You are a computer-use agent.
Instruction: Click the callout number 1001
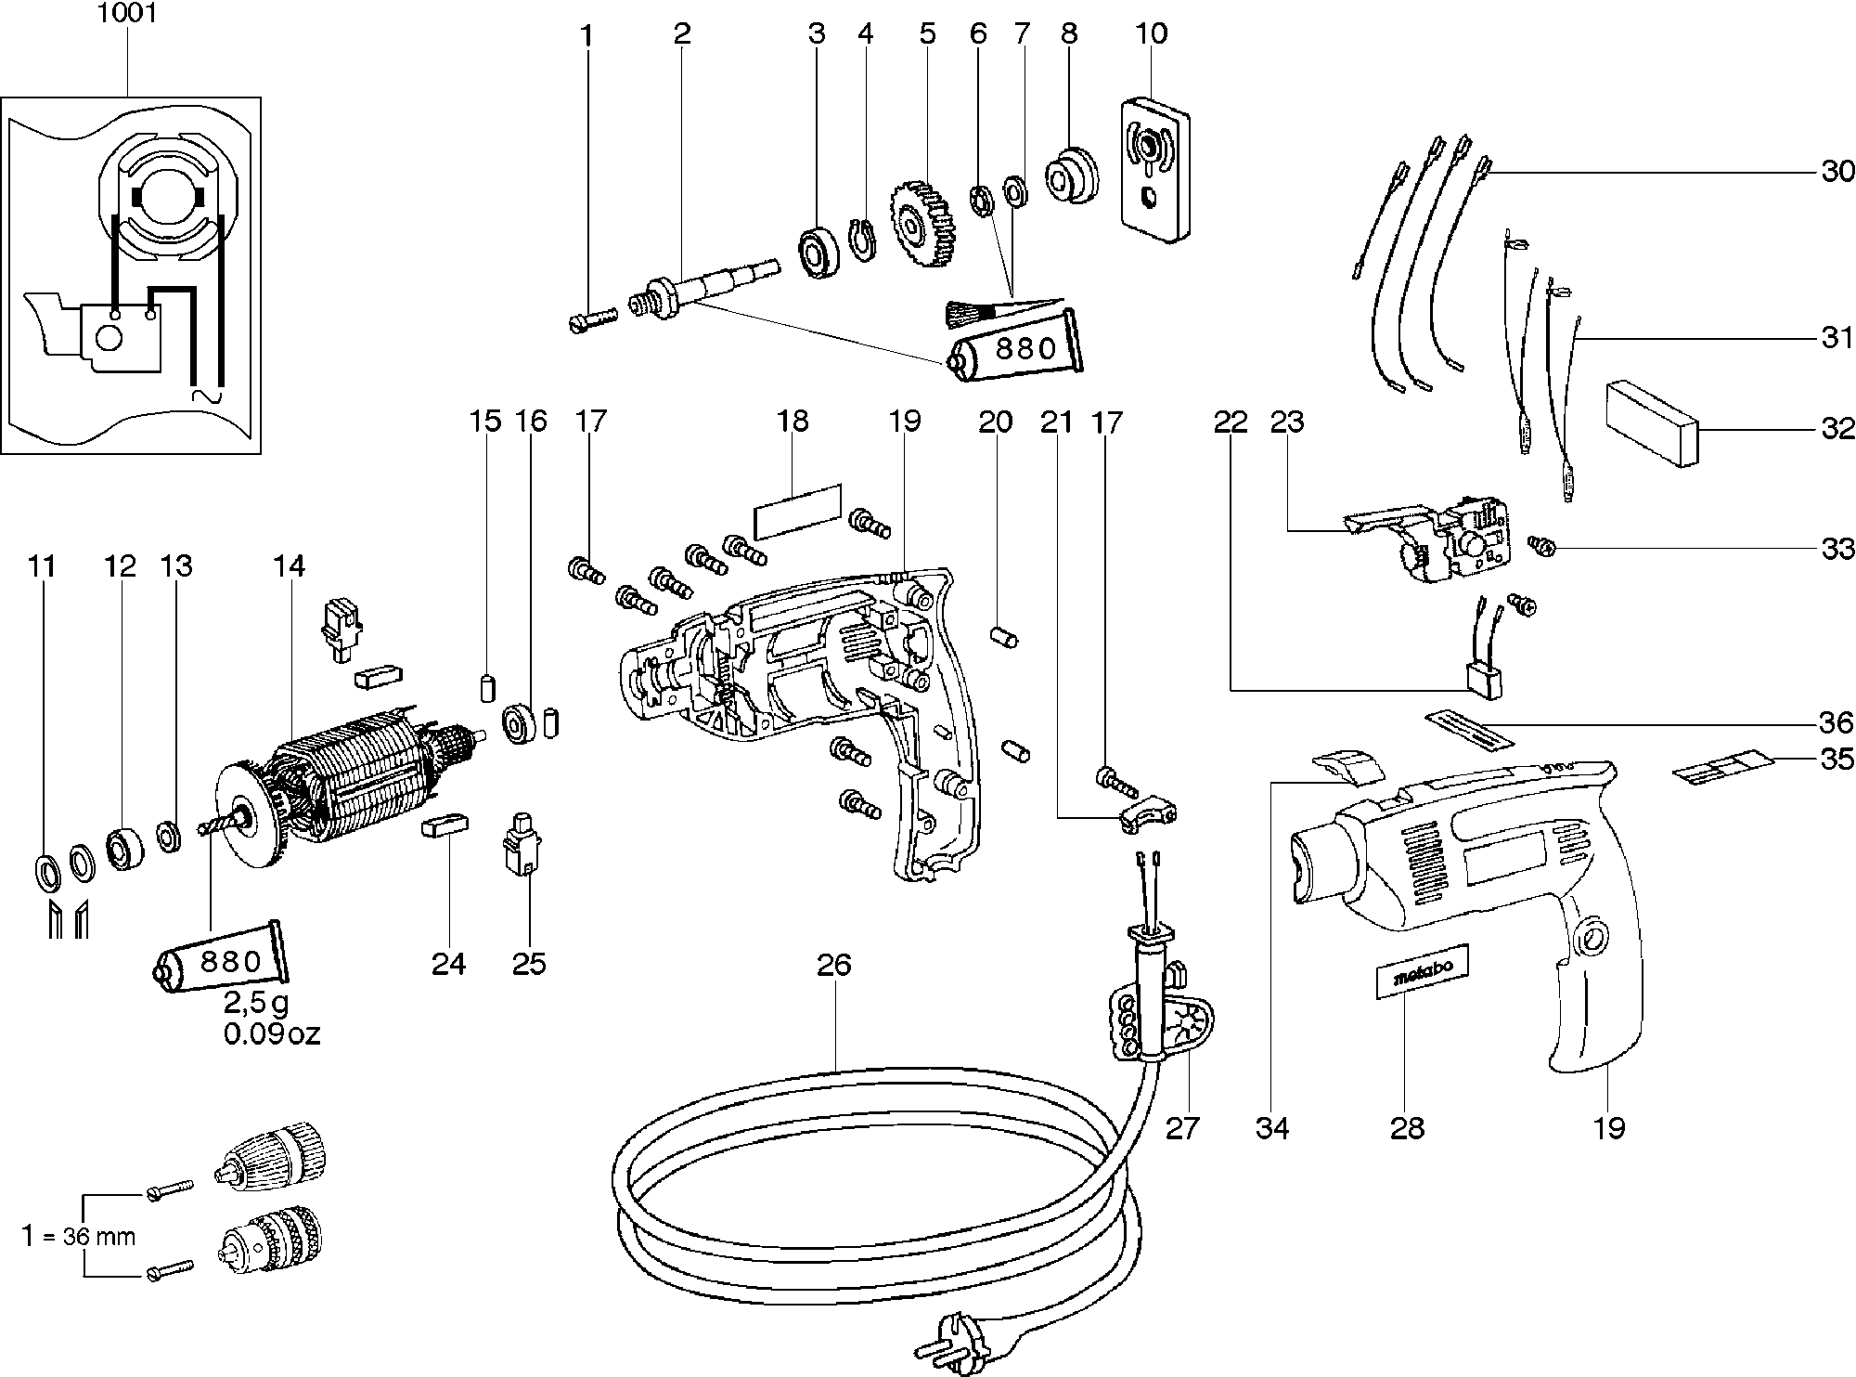127,14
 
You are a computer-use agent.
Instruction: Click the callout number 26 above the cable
833,966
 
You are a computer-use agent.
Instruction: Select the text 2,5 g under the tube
255,1004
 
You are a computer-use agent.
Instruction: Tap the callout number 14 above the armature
289,565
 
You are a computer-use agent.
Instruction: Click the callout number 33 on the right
1837,549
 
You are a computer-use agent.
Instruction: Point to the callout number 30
1837,172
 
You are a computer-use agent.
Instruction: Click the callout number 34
1272,1128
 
